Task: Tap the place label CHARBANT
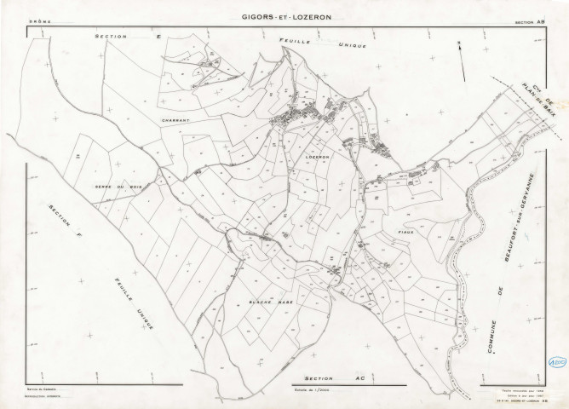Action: pyautogui.click(x=175, y=121)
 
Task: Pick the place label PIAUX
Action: pyautogui.click(x=403, y=231)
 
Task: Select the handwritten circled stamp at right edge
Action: pyautogui.click(x=557, y=360)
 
